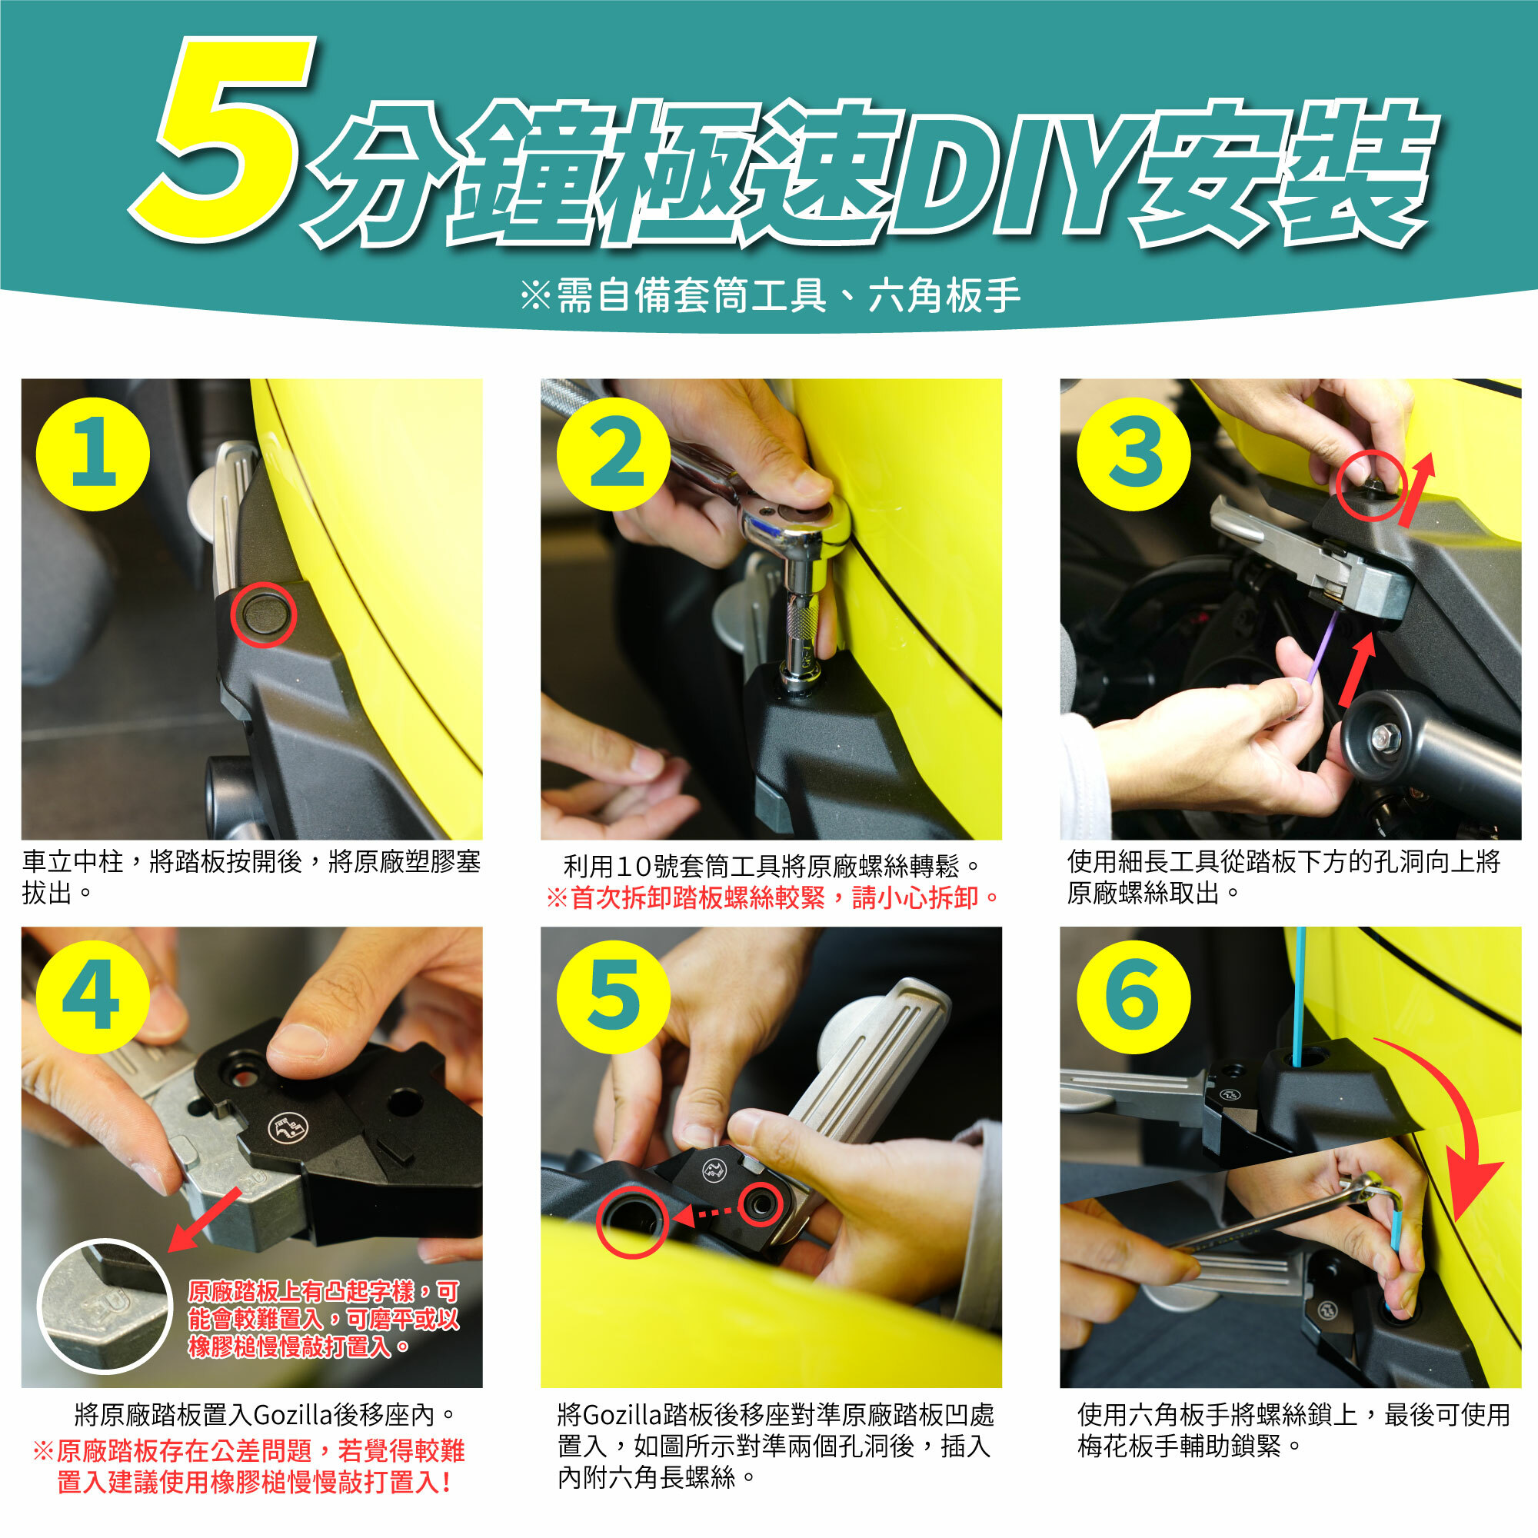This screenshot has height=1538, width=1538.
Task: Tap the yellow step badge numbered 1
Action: (93, 454)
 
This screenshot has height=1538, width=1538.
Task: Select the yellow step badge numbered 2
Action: (614, 454)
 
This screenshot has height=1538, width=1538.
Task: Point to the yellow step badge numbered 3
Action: (1134, 454)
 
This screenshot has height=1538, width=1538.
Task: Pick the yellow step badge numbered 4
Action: (93, 997)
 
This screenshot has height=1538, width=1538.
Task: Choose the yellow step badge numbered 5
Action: (614, 997)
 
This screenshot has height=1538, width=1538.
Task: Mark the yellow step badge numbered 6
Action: (1134, 997)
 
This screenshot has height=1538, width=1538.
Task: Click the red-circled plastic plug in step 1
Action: (264, 614)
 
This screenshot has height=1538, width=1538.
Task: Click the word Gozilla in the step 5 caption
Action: (623, 1415)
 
